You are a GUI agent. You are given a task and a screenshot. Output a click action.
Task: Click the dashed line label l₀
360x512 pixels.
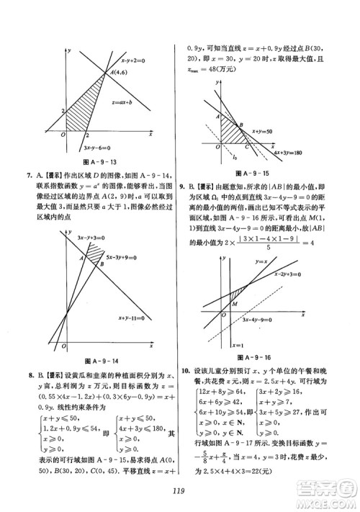pyautogui.click(x=232, y=156)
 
